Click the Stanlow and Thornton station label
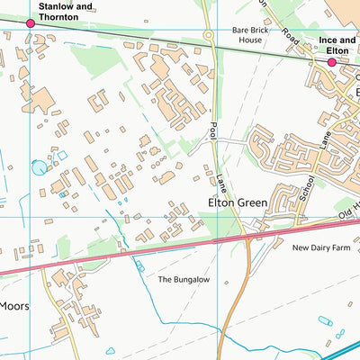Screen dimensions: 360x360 point(65,11)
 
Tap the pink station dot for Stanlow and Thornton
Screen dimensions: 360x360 point(31,23)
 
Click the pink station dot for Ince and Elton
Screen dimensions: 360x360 point(332,63)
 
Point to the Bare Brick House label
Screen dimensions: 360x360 point(252,35)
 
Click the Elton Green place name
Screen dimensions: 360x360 point(238,203)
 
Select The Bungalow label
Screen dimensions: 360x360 point(184,280)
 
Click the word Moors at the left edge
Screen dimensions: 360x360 point(13,306)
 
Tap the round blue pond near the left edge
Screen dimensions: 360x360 point(38,166)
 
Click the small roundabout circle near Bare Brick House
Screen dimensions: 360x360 point(209,35)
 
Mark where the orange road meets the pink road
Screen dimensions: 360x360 point(246,236)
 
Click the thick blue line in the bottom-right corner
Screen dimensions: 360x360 point(343,346)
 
